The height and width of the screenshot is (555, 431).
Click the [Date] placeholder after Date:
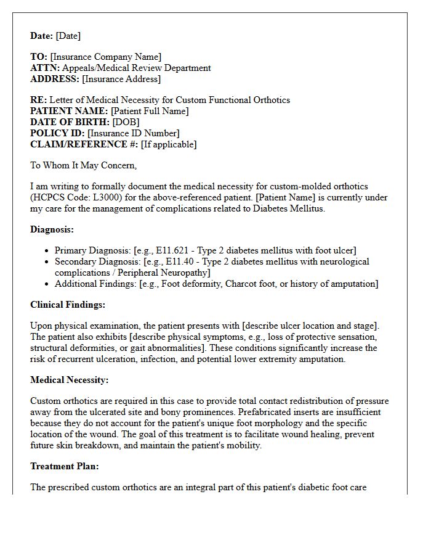(68, 36)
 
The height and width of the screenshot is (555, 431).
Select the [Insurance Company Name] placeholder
(106, 57)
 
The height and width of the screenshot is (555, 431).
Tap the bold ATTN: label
(45, 68)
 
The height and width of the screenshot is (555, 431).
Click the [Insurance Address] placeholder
(121, 79)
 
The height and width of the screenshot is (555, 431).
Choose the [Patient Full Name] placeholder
(150, 111)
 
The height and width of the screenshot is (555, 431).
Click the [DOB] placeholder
(126, 122)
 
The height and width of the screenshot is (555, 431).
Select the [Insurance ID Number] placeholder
(134, 133)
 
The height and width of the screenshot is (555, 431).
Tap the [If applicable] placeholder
(169, 144)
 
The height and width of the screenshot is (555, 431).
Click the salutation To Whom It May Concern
(83, 165)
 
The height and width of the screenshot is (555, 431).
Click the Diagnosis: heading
(52, 229)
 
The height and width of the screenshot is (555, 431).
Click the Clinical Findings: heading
(68, 305)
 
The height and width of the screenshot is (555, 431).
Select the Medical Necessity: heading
(69, 380)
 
